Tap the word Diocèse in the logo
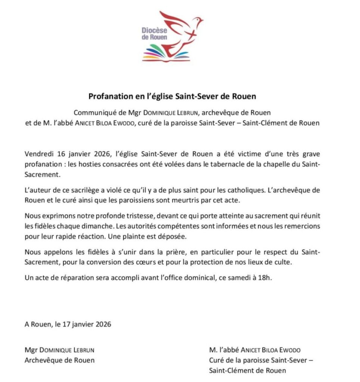pos(154,30)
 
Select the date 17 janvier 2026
pos(86,324)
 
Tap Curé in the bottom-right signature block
pos(217,360)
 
